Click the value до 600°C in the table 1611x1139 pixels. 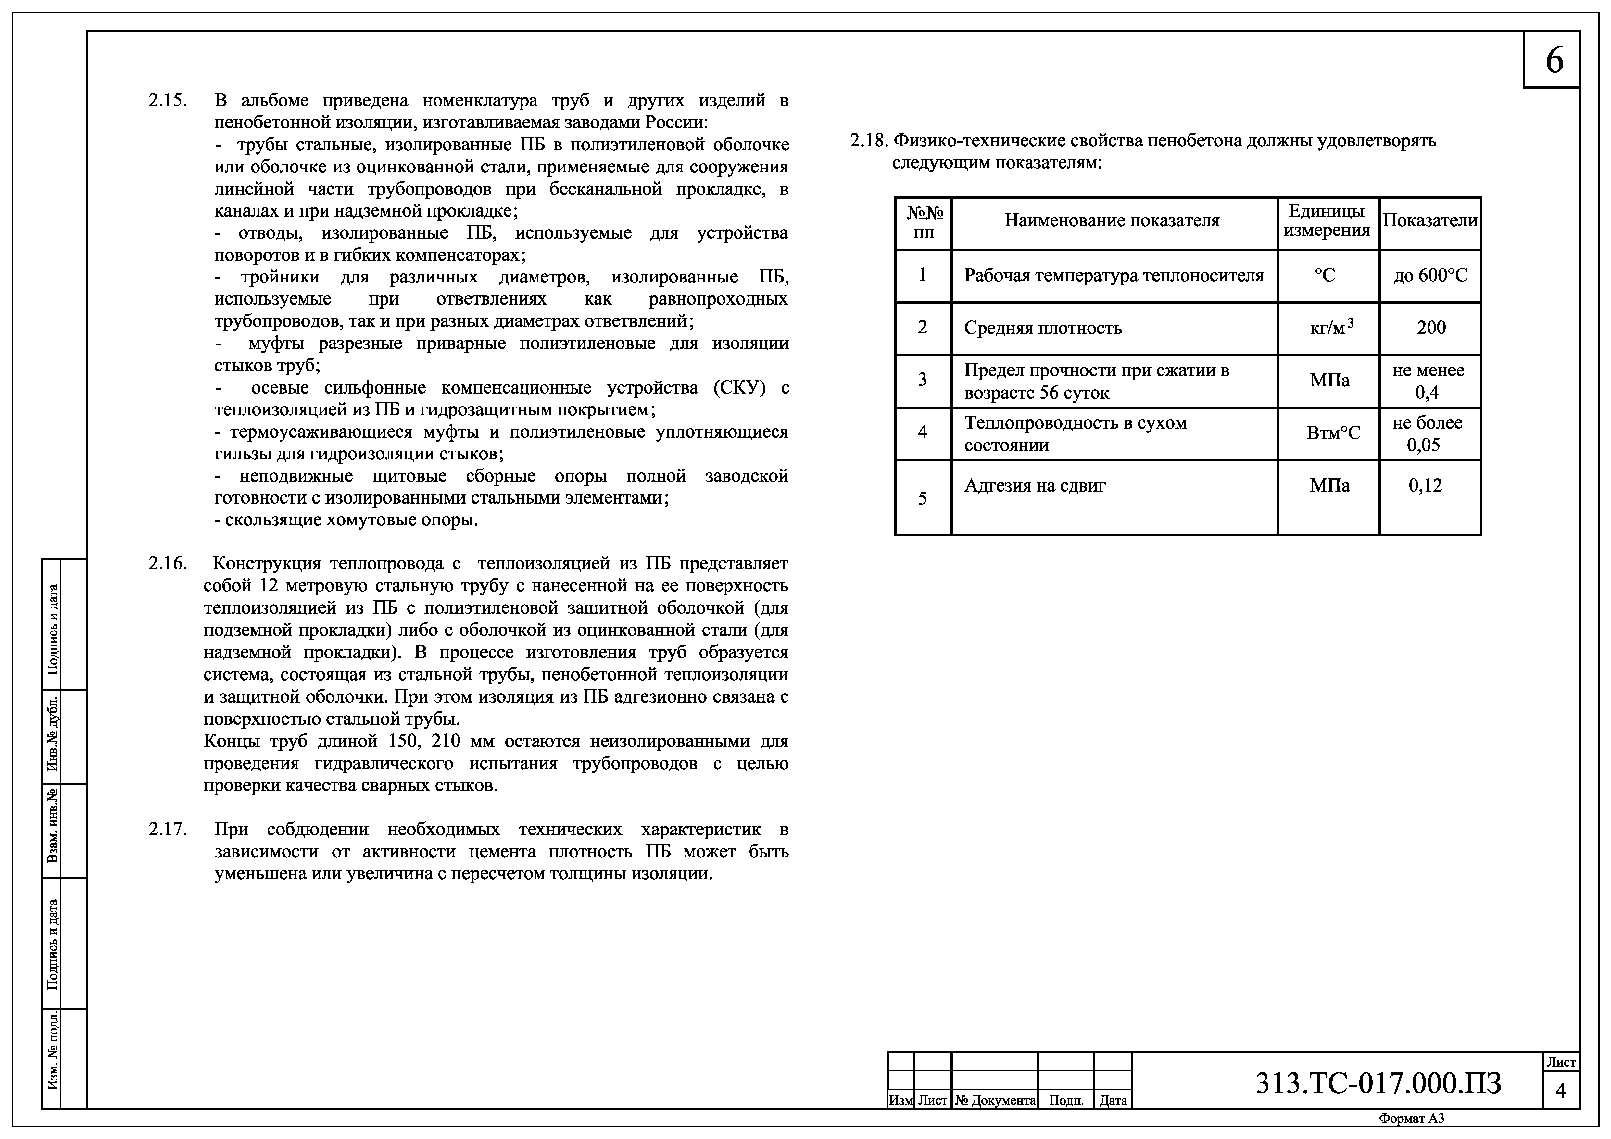click(x=1430, y=276)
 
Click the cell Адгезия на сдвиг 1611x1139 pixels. click(x=1035, y=485)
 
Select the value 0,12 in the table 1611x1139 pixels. click(x=1425, y=485)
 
